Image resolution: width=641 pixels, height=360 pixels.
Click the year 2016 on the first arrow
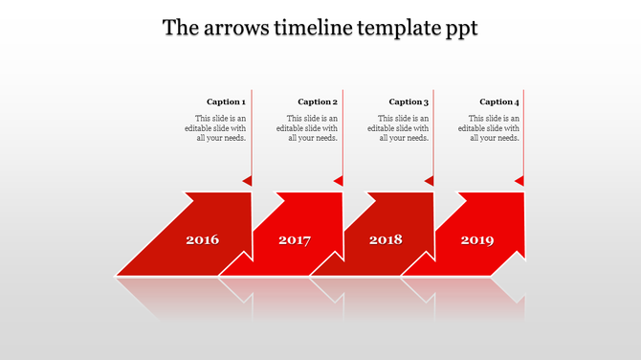pyautogui.click(x=202, y=239)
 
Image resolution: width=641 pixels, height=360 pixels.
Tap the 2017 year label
pyautogui.click(x=295, y=239)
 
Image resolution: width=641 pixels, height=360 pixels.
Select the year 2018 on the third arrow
pyautogui.click(x=386, y=239)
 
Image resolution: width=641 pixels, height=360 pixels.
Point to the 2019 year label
pyautogui.click(x=477, y=239)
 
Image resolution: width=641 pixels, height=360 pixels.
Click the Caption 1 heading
pyautogui.click(x=226, y=101)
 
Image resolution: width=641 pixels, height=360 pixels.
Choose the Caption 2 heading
pyautogui.click(x=318, y=101)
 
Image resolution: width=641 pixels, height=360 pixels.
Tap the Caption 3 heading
pyautogui.click(x=409, y=101)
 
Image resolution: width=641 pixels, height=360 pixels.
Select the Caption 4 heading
pyautogui.click(x=499, y=101)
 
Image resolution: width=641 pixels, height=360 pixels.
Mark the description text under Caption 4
pyautogui.click(x=494, y=127)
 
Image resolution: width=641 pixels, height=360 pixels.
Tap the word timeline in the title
pyautogui.click(x=317, y=28)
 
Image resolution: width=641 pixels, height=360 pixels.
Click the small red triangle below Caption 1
pyautogui.click(x=248, y=180)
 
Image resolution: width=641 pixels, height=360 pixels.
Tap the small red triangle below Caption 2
pyautogui.click(x=339, y=180)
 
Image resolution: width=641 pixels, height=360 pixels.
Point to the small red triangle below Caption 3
pyautogui.click(x=430, y=180)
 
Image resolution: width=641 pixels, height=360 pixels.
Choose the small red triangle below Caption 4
pyautogui.click(x=520, y=180)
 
